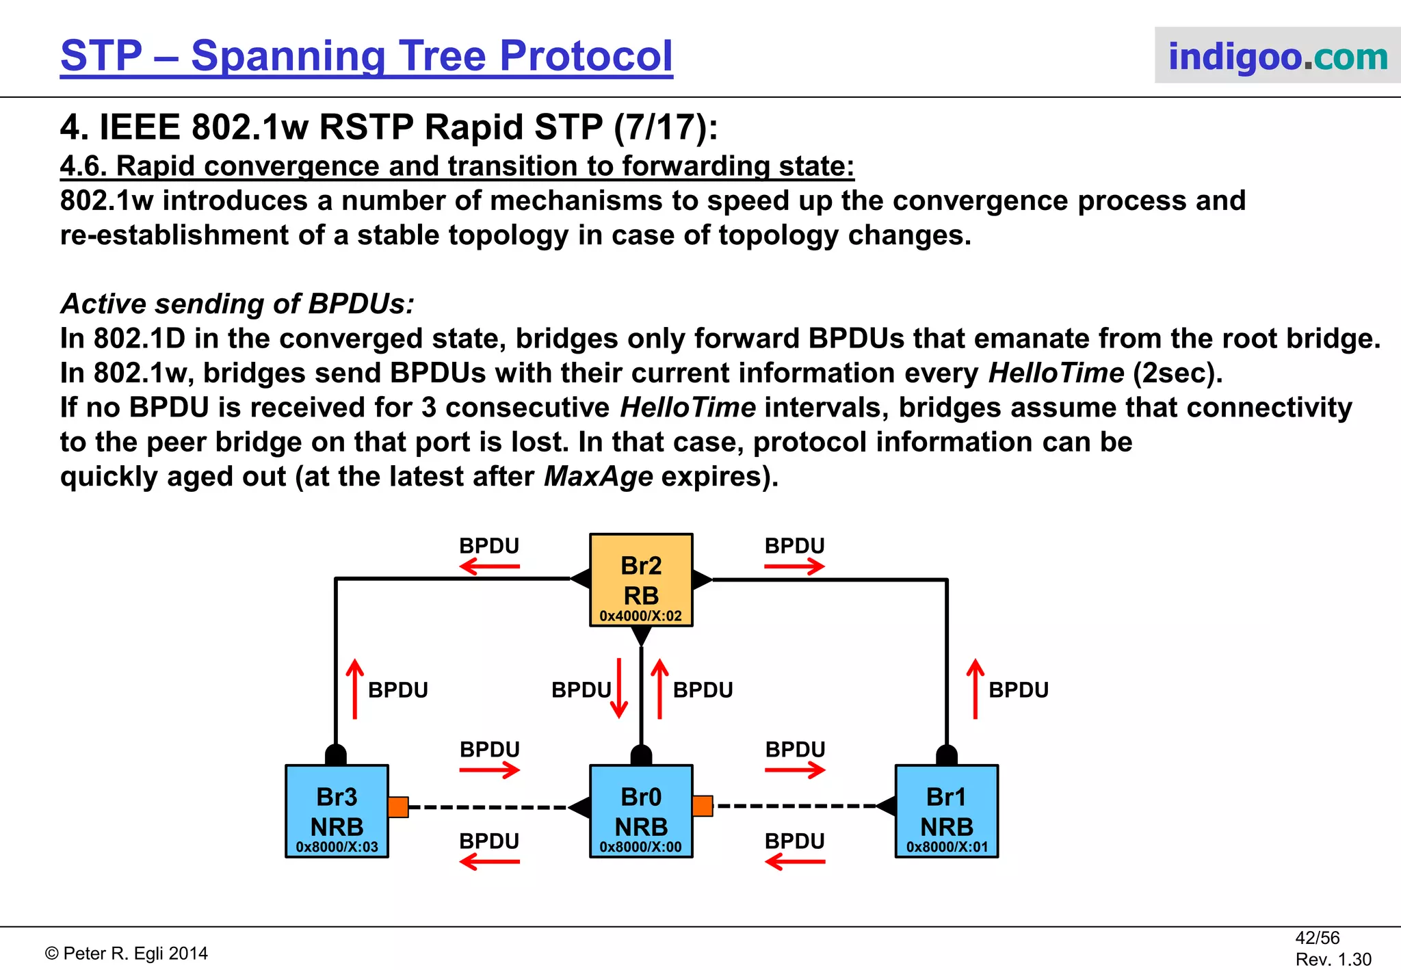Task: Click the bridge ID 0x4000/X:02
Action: tap(641, 616)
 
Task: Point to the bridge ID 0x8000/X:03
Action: tap(337, 847)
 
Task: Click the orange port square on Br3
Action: tap(398, 807)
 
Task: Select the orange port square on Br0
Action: tap(703, 806)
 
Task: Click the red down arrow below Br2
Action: tap(619, 688)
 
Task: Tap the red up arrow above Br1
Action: tap(976, 688)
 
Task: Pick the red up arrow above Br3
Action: tap(354, 688)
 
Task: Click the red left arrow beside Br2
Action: tap(489, 566)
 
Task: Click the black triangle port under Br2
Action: tap(641, 635)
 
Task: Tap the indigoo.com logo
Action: tap(1277, 56)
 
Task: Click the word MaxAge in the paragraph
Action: tap(599, 477)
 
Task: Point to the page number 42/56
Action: tap(1317, 938)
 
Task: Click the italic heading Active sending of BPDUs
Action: tap(237, 304)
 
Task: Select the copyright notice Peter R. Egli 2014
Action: tap(127, 954)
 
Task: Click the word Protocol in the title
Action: tap(586, 56)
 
